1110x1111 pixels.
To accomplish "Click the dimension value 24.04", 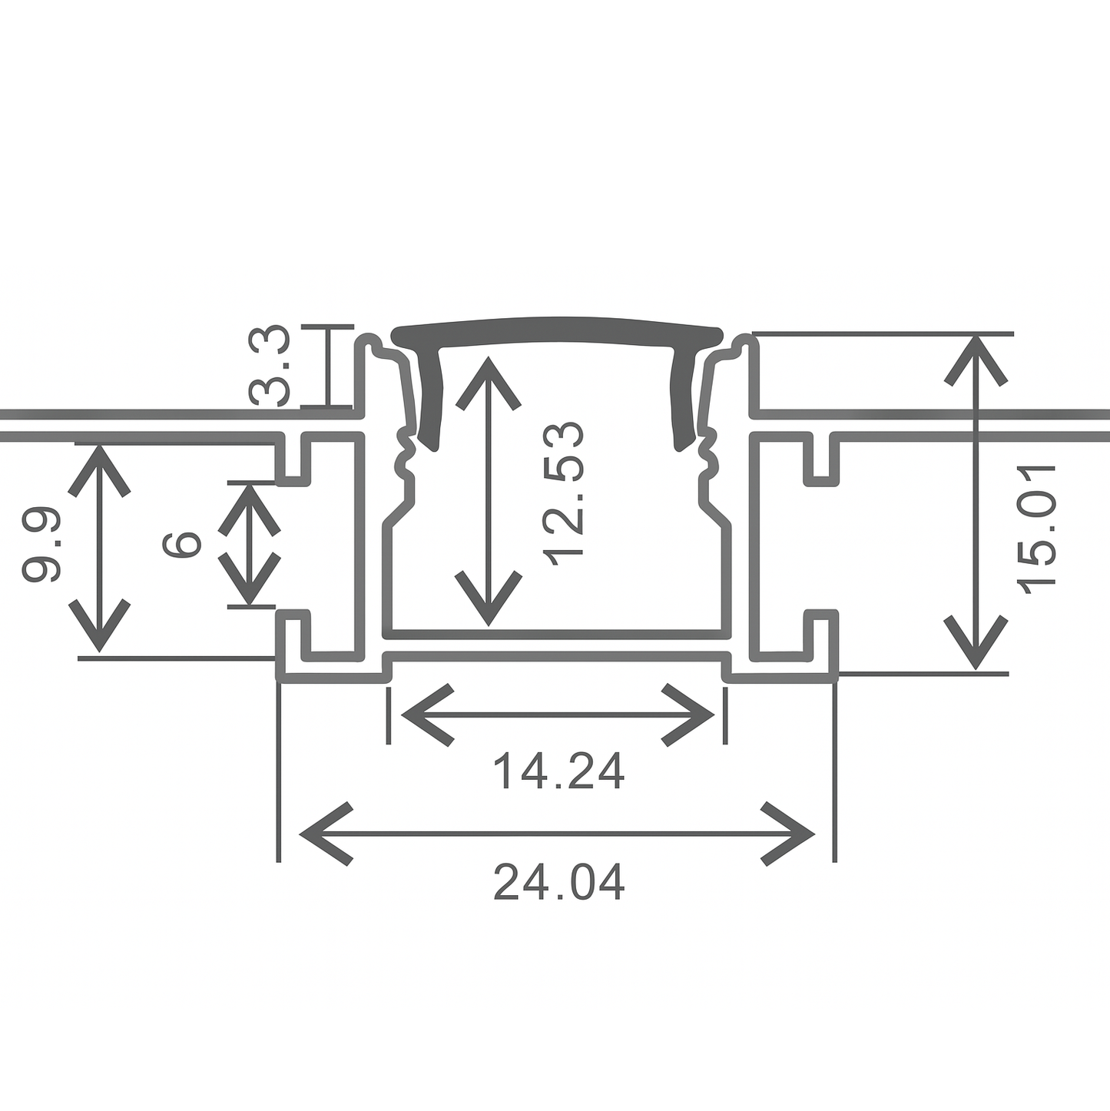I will pos(558,883).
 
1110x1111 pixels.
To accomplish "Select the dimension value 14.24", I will pos(558,772).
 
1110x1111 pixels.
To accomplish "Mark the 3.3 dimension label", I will pos(270,366).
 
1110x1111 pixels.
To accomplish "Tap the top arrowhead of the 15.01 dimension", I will pos(976,357).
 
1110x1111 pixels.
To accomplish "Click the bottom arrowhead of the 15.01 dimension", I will pos(976,645).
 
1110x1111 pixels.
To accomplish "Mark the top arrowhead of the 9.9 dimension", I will pos(99,469).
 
